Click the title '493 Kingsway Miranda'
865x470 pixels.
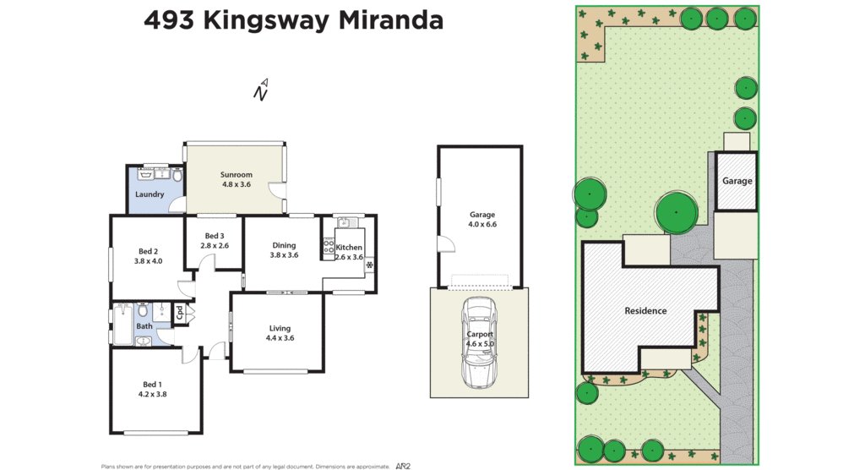tap(293, 20)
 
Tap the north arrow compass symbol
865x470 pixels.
tap(262, 90)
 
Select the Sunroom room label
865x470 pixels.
tap(237, 174)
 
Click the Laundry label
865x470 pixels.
tap(150, 194)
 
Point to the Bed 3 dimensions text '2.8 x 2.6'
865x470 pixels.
tap(215, 246)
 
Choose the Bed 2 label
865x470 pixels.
tap(148, 251)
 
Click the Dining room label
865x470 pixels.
tap(284, 245)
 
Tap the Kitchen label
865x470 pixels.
tap(349, 248)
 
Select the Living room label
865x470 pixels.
tap(280, 328)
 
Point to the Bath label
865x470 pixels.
tap(144, 326)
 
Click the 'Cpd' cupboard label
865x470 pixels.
tap(180, 313)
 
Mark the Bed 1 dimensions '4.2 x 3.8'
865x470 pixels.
tap(153, 394)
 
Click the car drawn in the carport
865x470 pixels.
tap(479, 343)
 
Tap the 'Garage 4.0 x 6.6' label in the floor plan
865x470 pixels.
tap(482, 220)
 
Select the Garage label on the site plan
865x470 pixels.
tap(737, 181)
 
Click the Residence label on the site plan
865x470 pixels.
tap(645, 310)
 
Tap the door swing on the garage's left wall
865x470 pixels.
tap(446, 245)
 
